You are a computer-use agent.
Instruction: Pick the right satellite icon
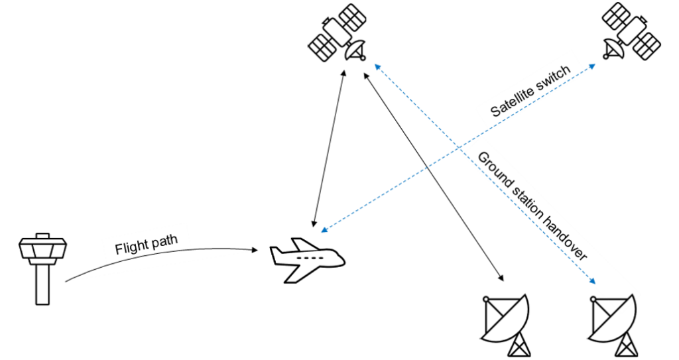click(x=631, y=34)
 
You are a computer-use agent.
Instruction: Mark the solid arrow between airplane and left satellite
click(x=329, y=146)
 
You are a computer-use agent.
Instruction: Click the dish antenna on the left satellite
click(x=357, y=50)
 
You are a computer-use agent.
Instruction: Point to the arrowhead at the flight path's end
click(x=255, y=250)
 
